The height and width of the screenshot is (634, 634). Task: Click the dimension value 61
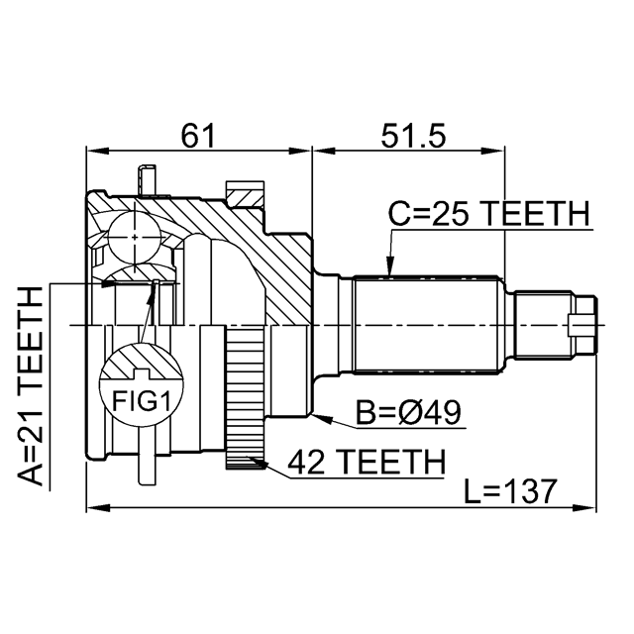click(x=198, y=136)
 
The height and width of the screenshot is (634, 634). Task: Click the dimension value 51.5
click(x=413, y=136)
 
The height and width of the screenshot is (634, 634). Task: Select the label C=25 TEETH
click(x=488, y=213)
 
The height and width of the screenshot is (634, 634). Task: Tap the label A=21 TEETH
click(x=31, y=385)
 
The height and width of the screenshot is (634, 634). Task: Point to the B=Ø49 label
click(x=408, y=412)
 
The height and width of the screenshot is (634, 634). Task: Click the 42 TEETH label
click(x=367, y=462)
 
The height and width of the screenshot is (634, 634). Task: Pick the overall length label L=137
click(x=511, y=491)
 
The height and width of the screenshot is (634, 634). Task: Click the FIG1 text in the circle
click(x=141, y=401)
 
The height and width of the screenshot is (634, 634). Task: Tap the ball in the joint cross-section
click(x=135, y=238)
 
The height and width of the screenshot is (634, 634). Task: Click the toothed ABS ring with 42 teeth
click(x=245, y=398)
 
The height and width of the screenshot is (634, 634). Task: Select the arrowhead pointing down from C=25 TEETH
click(x=389, y=267)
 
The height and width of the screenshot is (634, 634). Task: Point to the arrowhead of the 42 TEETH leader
click(x=258, y=463)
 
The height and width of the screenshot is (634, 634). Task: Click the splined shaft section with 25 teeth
click(x=426, y=325)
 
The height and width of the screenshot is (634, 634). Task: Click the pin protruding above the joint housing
click(x=146, y=180)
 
